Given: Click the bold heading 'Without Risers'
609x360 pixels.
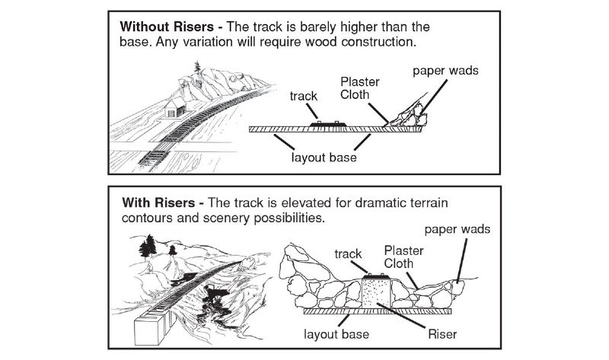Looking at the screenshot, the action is coord(167,27).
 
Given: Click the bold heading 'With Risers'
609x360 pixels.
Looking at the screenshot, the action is coord(158,202).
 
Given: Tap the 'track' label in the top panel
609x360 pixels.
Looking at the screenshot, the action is coord(303,96).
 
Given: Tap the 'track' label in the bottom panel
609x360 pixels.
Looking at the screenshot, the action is coord(348,254).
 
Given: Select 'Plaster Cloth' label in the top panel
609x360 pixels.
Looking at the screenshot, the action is coord(359,88).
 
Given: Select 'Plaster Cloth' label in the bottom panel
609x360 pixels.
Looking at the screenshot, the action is coord(403,257).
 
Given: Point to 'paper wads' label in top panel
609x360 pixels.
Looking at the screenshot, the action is coord(445,71).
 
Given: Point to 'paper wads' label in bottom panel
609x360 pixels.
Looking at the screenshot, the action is coord(458,230).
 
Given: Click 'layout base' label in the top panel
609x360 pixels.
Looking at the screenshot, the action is coord(324,158).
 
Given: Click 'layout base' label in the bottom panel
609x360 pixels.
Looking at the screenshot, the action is coord(336,334).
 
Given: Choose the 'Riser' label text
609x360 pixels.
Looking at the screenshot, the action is coord(442,334).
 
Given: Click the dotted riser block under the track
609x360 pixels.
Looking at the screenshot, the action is coord(376,293).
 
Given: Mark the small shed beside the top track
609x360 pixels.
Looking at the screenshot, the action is coord(175,107).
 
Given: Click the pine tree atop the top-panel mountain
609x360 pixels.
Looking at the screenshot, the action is coord(198,68).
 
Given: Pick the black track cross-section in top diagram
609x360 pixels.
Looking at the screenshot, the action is coord(328,124).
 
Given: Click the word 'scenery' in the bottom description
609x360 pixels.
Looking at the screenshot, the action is coord(227,218).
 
